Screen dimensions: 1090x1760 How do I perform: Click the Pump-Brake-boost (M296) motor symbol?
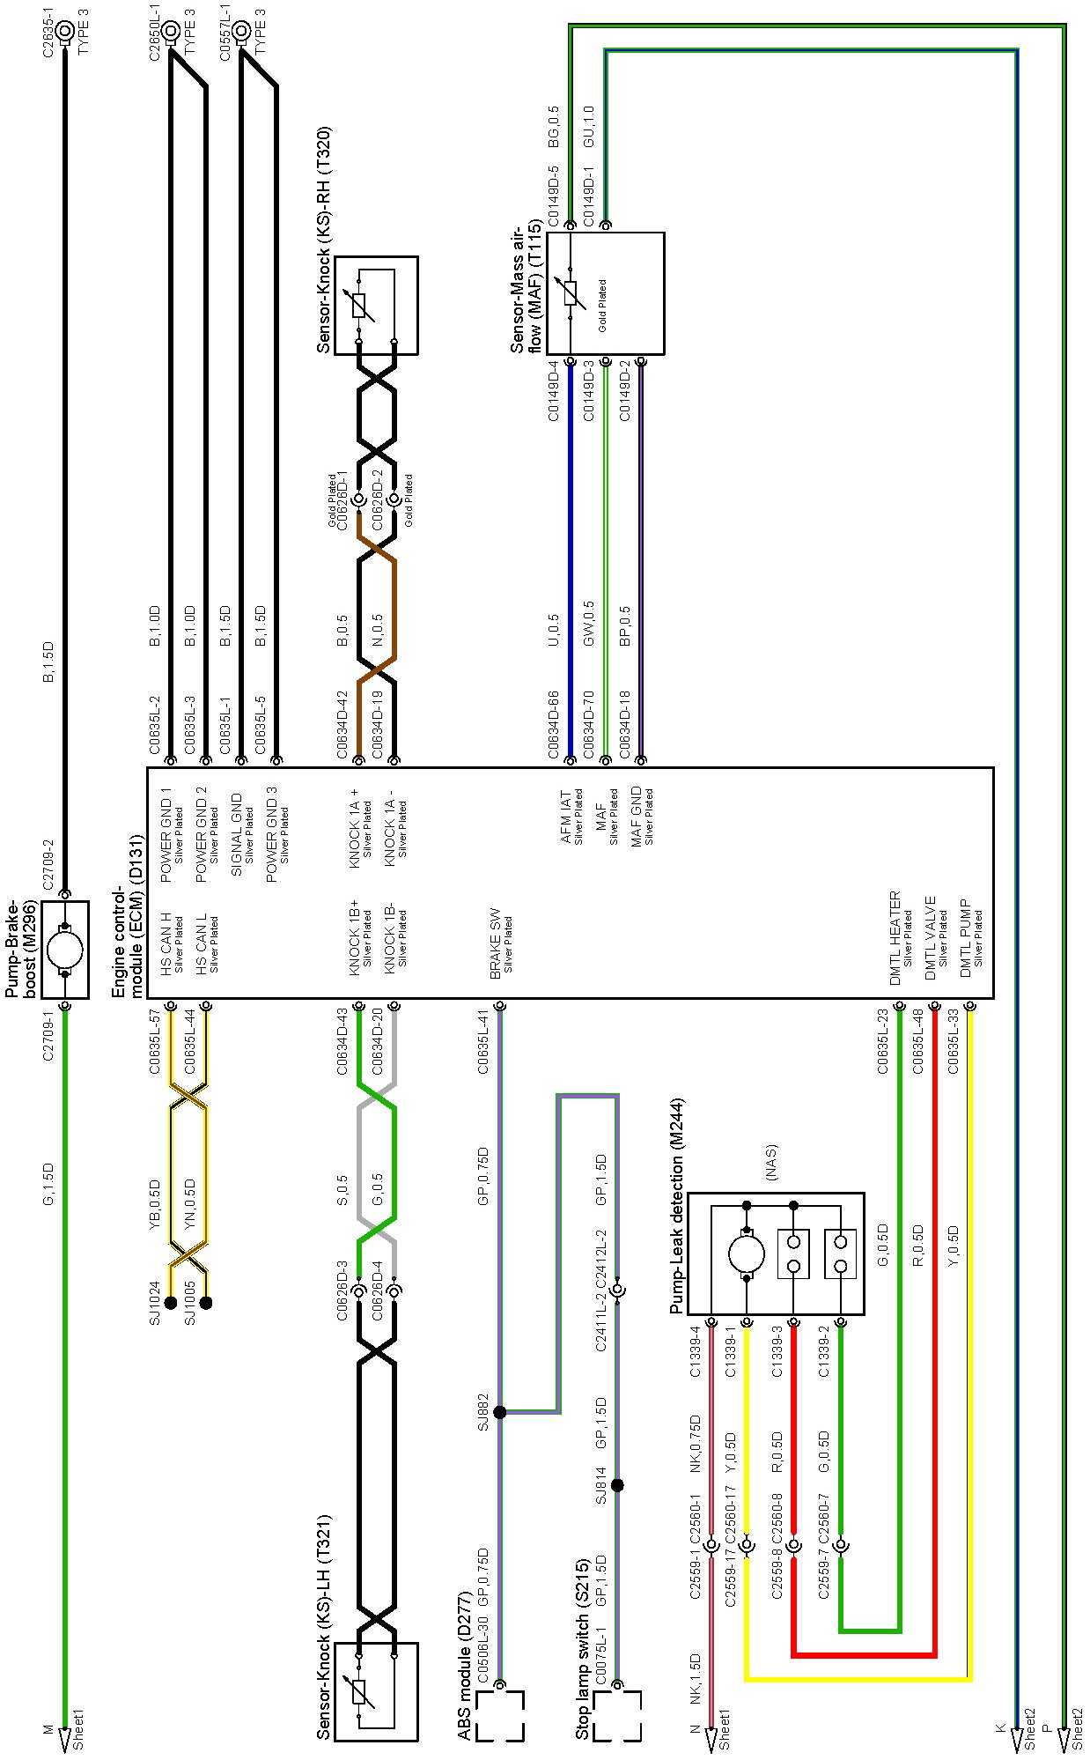click(64, 950)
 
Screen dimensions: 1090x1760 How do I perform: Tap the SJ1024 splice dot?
click(171, 1303)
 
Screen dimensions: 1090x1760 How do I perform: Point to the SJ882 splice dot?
click(499, 1412)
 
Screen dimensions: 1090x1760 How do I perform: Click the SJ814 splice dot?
click(617, 1485)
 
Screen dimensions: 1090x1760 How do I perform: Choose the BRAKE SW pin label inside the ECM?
click(495, 943)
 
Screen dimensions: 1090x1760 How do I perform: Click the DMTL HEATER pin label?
click(895, 937)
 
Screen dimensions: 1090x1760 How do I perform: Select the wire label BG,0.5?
click(554, 127)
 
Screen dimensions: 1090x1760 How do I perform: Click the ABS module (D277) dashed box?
click(499, 1716)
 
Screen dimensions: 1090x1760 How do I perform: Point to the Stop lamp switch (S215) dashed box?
click(616, 1716)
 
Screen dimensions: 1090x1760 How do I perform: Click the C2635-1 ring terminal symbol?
click(64, 33)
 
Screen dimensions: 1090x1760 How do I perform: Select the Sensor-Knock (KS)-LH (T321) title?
click(324, 1626)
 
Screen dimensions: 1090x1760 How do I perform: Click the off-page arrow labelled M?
click(64, 1740)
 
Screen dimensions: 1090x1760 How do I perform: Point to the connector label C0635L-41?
click(482, 1042)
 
